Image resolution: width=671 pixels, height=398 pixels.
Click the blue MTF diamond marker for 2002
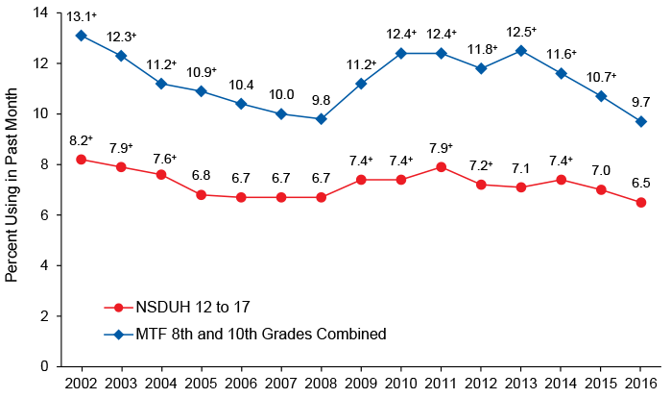pos(81,36)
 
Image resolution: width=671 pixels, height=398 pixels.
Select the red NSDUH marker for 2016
pos(641,202)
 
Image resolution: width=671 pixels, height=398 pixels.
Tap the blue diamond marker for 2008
pos(321,119)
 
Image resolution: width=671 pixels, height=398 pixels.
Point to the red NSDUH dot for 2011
pos(441,166)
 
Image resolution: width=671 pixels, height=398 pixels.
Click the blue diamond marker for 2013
pos(521,51)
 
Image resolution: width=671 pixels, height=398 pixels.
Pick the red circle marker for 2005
pos(201,194)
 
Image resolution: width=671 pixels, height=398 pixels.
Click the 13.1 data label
pos(81,15)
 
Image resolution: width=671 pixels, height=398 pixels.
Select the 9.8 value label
pos(321,99)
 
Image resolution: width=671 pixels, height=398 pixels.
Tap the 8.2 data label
pos(81,139)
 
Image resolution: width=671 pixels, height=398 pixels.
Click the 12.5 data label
pos(519,31)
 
